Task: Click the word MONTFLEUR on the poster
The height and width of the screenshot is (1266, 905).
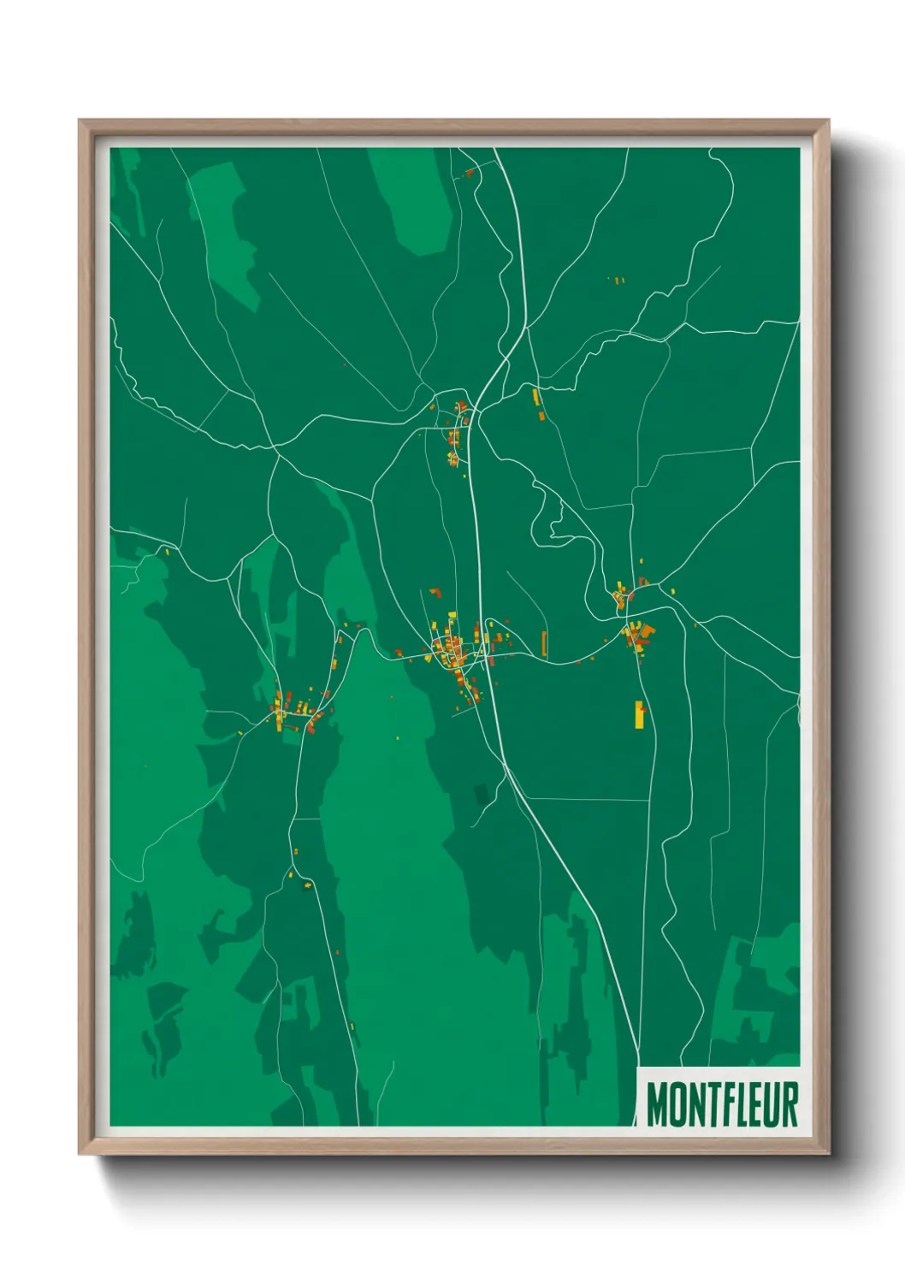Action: click(722, 1104)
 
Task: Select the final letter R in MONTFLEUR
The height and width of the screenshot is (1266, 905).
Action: click(789, 1104)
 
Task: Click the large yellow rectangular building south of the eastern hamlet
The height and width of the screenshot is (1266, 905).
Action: click(639, 714)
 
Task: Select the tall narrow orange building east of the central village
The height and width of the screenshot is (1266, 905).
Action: click(544, 643)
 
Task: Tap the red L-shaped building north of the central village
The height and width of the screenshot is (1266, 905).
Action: click(435, 592)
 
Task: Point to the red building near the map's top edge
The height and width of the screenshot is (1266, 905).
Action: click(469, 173)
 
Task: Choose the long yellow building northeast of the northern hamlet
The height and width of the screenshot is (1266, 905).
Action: click(536, 397)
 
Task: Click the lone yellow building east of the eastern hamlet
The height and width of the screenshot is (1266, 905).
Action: click(672, 590)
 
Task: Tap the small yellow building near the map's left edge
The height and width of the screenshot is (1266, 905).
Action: click(167, 553)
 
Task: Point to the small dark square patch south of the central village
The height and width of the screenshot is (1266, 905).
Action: click(482, 795)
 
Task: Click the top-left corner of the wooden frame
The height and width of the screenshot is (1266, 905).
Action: click(80, 121)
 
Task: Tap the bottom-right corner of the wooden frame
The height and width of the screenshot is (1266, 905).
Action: click(828, 1153)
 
